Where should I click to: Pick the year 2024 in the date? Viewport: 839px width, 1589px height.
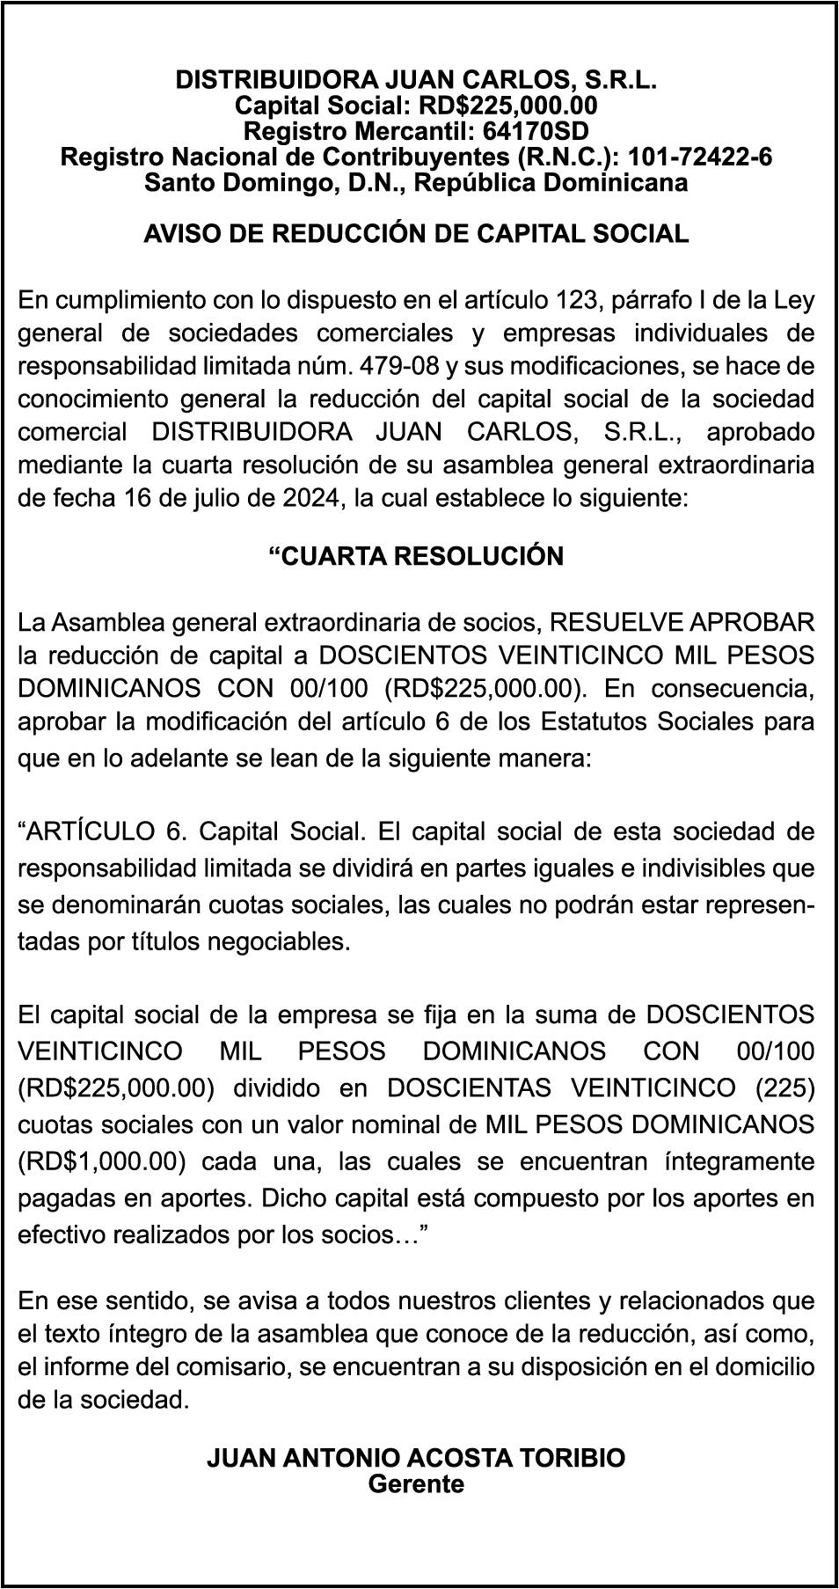coord(312,497)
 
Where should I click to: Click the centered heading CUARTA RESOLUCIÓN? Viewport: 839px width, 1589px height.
coord(416,556)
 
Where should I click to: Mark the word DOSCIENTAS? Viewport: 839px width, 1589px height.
coord(469,1087)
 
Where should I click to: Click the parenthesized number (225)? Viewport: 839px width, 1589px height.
coord(784,1087)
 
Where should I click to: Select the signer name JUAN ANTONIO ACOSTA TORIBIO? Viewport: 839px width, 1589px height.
coord(416,1458)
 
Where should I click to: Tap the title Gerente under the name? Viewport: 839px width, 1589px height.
coord(416,1483)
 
